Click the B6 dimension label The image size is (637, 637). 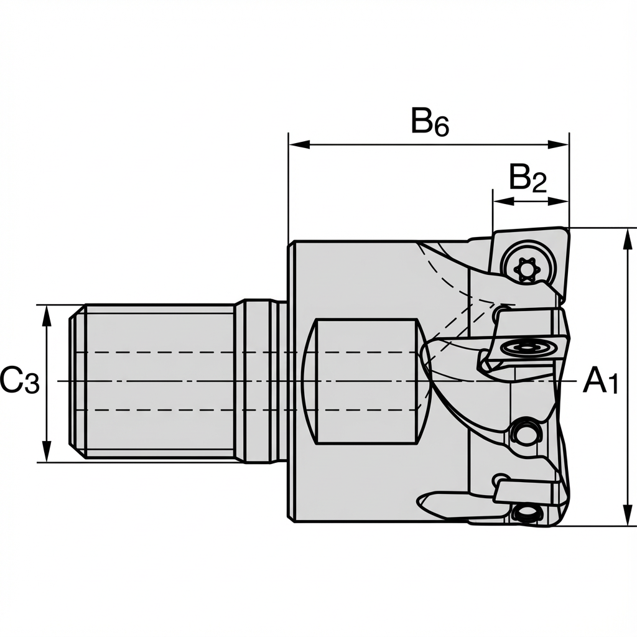pos(430,121)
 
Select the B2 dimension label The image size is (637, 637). pos(528,179)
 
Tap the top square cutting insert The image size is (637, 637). pos(529,261)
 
